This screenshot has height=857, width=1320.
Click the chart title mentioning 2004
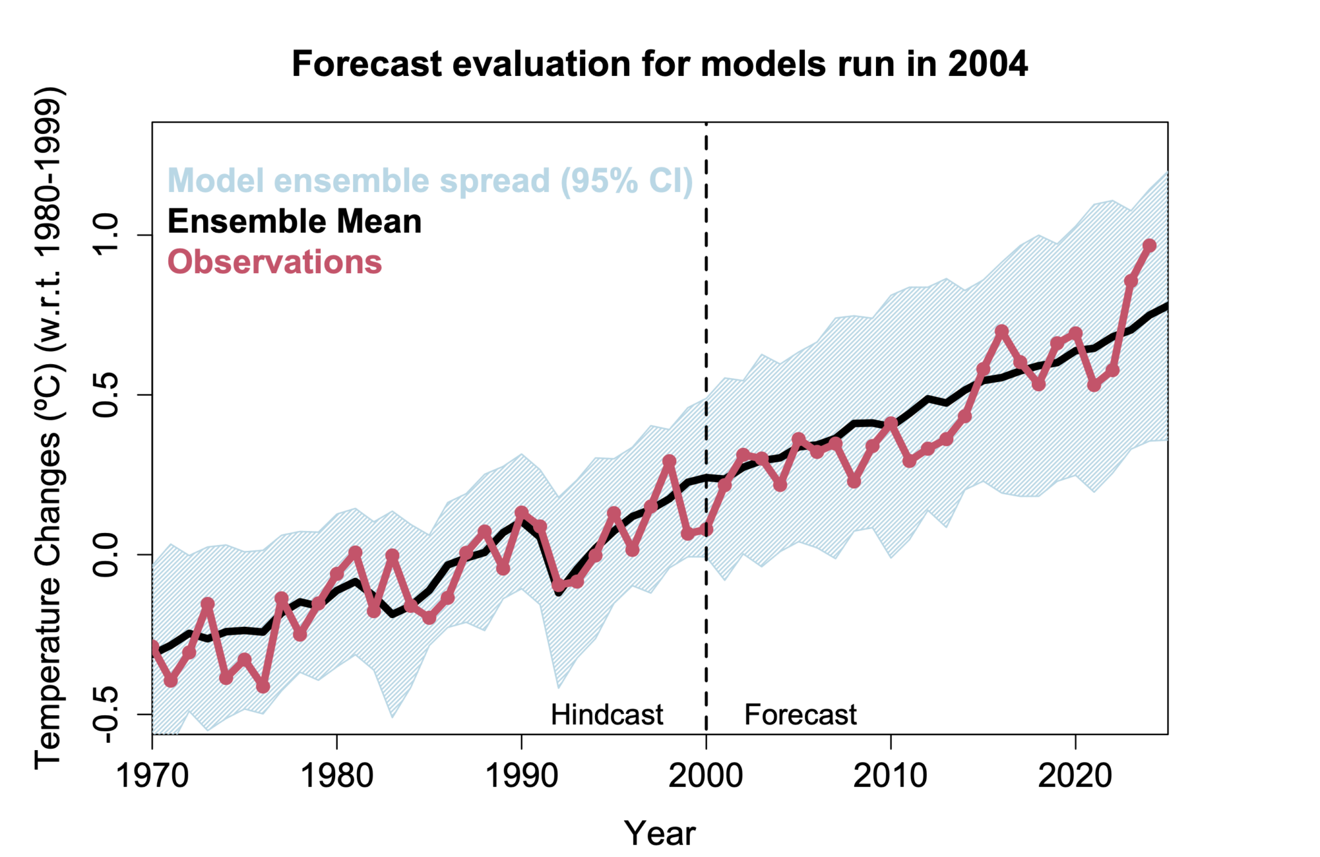659,64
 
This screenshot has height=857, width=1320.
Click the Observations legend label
275,262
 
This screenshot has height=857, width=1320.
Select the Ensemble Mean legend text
295,222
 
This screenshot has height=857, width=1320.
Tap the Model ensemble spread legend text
430,180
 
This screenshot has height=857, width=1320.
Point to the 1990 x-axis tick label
521,775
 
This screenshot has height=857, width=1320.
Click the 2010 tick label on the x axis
890,775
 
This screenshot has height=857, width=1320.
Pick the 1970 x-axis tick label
152,775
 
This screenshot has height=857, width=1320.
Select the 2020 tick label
1074,775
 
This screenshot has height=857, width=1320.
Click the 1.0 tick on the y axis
106,235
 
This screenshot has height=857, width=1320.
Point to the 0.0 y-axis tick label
106,554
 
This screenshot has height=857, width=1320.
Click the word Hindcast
607,715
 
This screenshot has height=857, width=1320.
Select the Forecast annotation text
800,715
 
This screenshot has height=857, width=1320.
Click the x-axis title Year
659,833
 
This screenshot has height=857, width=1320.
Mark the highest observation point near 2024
1149,246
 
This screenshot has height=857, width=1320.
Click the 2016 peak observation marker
1002,331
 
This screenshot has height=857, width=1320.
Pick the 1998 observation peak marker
669,461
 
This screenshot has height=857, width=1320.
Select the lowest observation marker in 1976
263,687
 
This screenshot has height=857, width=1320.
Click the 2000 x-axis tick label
706,775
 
